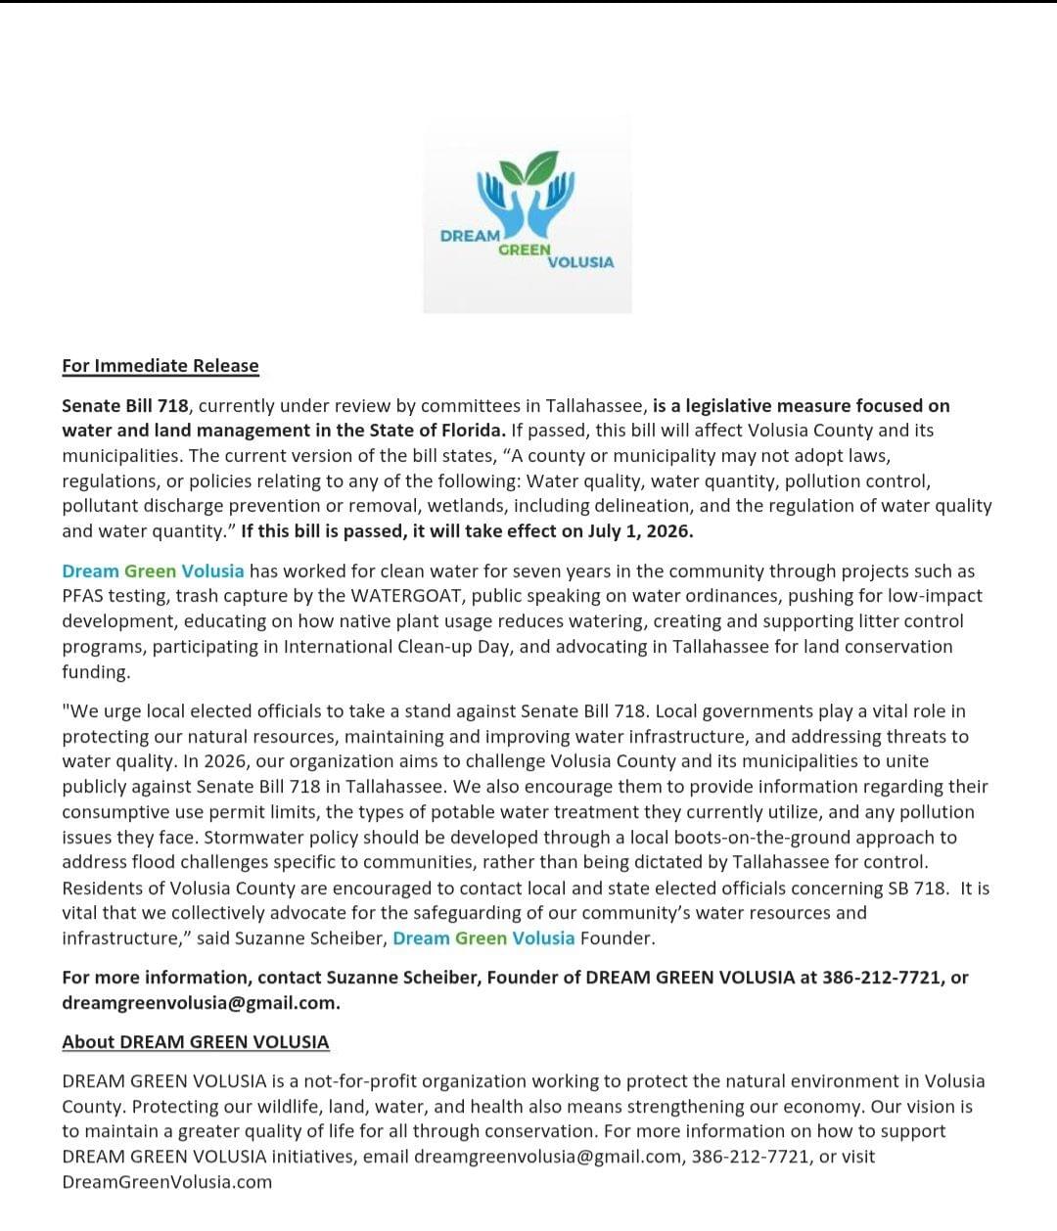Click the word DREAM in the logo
point(470,236)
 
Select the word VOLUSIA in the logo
point(581,262)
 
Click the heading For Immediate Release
point(161,366)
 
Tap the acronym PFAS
point(82,596)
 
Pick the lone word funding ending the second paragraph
point(95,672)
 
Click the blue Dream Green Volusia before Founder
point(483,938)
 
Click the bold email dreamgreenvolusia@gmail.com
point(200,1003)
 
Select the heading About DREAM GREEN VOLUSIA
point(196,1042)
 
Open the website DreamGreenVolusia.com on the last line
point(167,1182)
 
